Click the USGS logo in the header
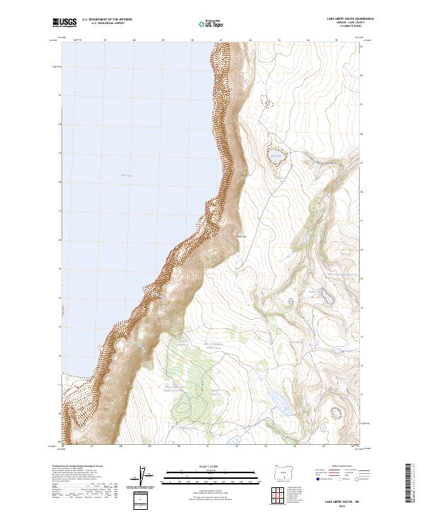pos(64,23)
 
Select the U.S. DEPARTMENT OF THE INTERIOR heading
pos(107,20)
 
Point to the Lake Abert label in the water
pos(126,174)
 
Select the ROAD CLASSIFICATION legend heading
pos(338,467)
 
